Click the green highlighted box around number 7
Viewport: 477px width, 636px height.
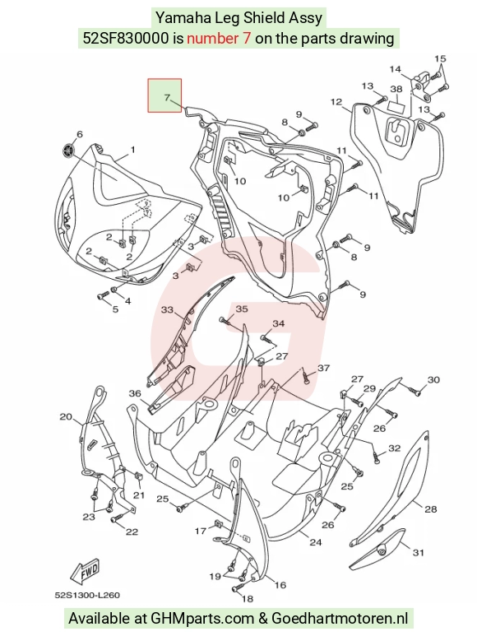tap(164, 95)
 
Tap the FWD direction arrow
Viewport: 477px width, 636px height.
tap(84, 572)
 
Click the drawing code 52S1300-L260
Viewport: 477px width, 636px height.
tap(87, 596)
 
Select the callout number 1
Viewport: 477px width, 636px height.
tap(132, 150)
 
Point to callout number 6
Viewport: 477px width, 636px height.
tap(80, 134)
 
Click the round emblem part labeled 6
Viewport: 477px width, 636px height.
tap(69, 151)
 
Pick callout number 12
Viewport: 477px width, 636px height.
tap(336, 101)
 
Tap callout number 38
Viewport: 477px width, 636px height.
tap(396, 89)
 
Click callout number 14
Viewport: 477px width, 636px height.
tap(395, 69)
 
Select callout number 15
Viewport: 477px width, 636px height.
tap(440, 58)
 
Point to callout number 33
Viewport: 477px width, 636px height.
tap(167, 310)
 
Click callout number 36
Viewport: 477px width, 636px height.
tap(135, 393)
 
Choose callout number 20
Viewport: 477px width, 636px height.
tap(66, 416)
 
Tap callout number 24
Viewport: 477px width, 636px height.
tap(316, 542)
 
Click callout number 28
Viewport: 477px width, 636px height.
tap(431, 508)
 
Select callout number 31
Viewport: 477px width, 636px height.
tap(419, 552)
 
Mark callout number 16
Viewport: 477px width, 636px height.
tap(280, 584)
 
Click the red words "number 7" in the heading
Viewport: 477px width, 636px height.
tap(219, 38)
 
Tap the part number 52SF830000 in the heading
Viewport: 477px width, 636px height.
tap(126, 38)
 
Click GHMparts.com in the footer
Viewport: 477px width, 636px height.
tap(202, 619)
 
